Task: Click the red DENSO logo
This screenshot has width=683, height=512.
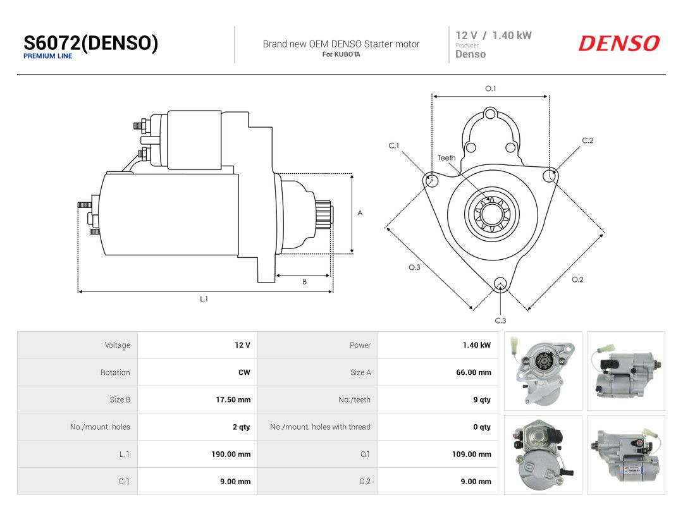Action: tap(619, 44)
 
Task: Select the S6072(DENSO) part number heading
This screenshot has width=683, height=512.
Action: tap(90, 43)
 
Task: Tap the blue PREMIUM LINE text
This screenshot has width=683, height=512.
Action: tap(47, 56)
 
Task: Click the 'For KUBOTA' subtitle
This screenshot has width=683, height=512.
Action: tap(341, 54)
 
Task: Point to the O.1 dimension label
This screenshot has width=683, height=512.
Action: tap(491, 88)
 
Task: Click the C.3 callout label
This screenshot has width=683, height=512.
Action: tap(500, 320)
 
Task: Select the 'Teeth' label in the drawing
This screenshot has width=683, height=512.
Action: tap(446, 157)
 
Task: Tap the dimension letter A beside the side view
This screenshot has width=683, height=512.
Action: tap(360, 213)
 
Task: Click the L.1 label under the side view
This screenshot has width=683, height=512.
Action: tap(204, 299)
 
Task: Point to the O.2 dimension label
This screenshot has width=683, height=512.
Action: tap(577, 279)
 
